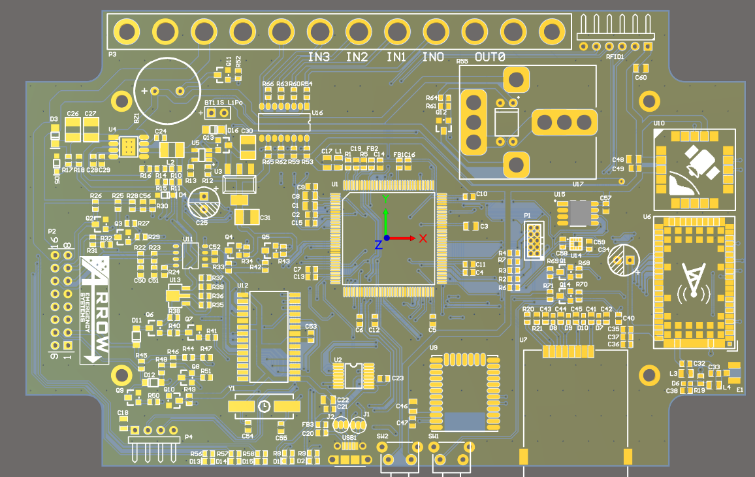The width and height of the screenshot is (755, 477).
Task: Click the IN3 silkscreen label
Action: click(319, 58)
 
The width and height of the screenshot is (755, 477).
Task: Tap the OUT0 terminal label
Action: click(490, 58)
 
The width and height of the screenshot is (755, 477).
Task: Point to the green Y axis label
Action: click(385, 199)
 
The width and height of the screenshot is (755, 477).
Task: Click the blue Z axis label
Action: click(378, 245)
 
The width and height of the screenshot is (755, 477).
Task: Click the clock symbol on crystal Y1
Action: click(264, 406)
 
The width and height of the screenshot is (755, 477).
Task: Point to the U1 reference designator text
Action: click(334, 185)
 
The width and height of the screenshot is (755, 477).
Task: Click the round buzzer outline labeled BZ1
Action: click(167, 91)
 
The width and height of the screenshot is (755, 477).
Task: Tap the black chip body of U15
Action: click(579, 212)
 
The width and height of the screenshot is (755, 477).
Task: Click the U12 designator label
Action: click(243, 286)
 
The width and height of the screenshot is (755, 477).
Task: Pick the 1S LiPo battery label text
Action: click(230, 103)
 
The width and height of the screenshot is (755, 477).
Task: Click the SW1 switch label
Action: click(434, 436)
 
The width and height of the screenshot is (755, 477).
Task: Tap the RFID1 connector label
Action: click(615, 57)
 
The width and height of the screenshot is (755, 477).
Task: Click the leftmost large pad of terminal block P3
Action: click(127, 31)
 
